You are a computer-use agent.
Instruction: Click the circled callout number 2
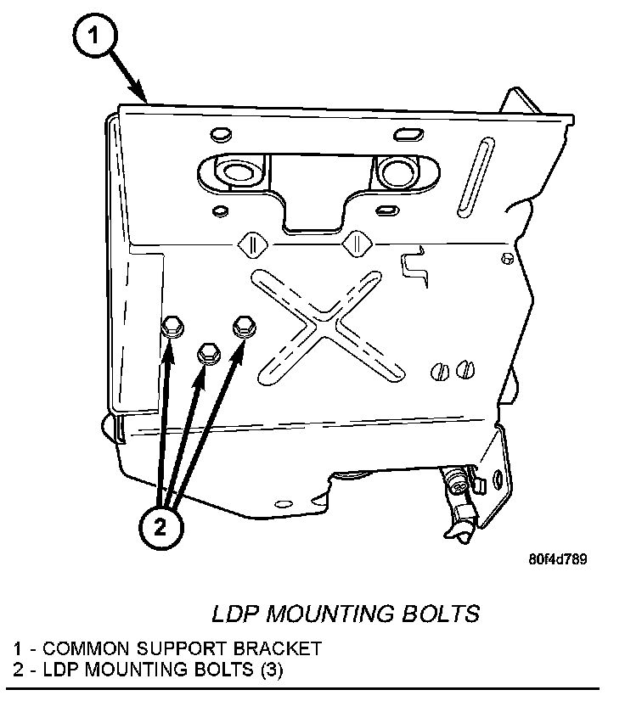pyautogui.click(x=160, y=527)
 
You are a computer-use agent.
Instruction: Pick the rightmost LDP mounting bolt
pyautogui.click(x=244, y=324)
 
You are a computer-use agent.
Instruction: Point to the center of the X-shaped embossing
pyautogui.click(x=321, y=322)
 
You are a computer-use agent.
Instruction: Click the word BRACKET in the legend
pyautogui.click(x=284, y=648)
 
